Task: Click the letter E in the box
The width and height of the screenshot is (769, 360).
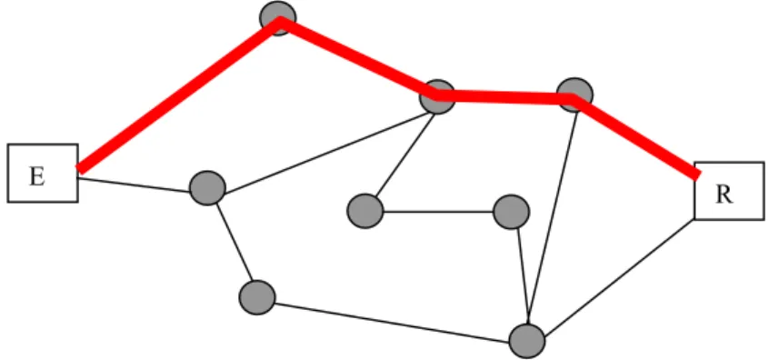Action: pyautogui.click(x=36, y=176)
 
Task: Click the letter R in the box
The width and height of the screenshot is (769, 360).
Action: pyautogui.click(x=724, y=195)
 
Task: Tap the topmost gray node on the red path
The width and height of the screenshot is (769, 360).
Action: pyautogui.click(x=278, y=18)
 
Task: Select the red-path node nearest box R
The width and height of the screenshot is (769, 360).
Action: pyautogui.click(x=574, y=95)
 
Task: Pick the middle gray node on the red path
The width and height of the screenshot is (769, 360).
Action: pyautogui.click(x=437, y=96)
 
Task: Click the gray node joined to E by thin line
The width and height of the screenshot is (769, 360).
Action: pyautogui.click(x=207, y=188)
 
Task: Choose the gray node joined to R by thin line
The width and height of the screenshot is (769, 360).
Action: pyautogui.click(x=527, y=341)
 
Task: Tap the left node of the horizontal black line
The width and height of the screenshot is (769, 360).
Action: pyautogui.click(x=365, y=212)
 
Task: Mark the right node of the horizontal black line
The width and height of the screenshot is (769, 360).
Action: pyautogui.click(x=512, y=212)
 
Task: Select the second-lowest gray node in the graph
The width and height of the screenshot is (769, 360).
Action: pyautogui.click(x=257, y=297)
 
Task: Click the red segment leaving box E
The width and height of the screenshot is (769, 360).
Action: pyautogui.click(x=178, y=95)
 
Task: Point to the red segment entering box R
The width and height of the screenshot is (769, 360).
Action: pyautogui.click(x=636, y=137)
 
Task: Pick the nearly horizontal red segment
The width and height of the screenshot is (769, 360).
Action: pyautogui.click(x=505, y=97)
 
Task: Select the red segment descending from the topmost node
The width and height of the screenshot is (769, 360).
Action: pyautogui.click(x=357, y=56)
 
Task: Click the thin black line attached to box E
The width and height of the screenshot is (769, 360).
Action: pyautogui.click(x=134, y=185)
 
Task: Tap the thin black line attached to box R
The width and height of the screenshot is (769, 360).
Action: pyautogui.click(x=619, y=277)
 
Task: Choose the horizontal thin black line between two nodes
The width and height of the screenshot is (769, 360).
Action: pyautogui.click(x=438, y=212)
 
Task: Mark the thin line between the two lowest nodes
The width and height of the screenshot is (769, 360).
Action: pyautogui.click(x=392, y=323)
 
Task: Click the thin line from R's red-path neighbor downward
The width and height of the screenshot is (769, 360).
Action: pyautogui.click(x=554, y=218)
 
